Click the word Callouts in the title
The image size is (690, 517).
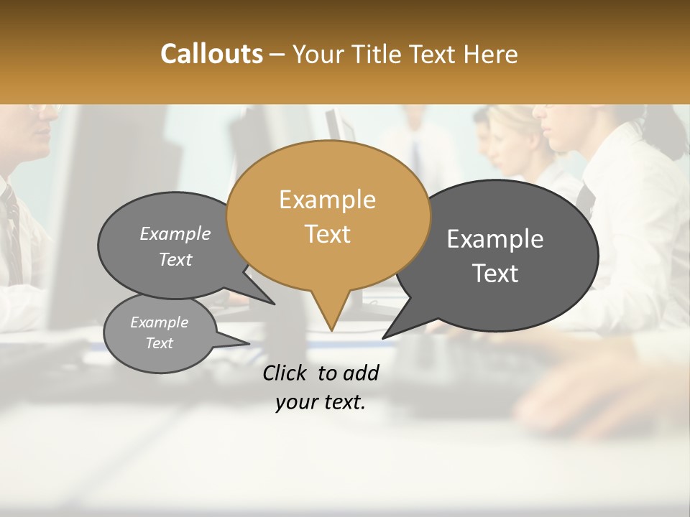pos(211,54)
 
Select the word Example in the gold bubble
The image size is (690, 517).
pos(327,200)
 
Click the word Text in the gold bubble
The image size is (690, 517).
pos(327,234)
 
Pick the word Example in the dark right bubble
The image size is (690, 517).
pos(495,239)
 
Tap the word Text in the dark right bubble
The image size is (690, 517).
pos(496,274)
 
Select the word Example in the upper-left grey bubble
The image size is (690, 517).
pos(175,233)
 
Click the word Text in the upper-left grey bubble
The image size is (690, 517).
pos(175,259)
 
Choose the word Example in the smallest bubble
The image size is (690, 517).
pos(159,322)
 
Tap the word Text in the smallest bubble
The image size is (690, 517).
pos(160,343)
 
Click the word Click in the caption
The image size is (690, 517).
pos(285,373)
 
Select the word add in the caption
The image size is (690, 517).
pos(360,373)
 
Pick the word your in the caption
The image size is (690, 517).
pos(296,402)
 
